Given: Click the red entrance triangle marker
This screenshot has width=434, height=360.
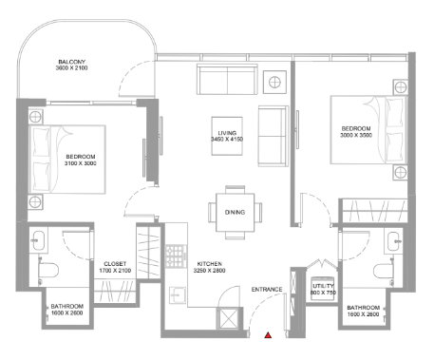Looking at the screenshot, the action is coord(268,335).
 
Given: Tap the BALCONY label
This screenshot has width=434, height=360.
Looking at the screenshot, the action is coord(72,62).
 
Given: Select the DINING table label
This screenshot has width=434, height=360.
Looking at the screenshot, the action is coord(235,212).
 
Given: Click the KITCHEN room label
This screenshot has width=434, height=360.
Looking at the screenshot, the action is coord(210,264).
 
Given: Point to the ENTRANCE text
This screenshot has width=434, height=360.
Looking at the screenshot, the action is coord(267,290).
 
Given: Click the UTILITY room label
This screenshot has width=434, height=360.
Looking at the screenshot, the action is coord(323,286).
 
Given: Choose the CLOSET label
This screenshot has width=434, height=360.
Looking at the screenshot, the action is coord(115,264).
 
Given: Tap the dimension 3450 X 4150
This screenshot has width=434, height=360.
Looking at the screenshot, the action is coord(227,140).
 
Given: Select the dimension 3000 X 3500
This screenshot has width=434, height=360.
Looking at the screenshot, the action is coord(356,135).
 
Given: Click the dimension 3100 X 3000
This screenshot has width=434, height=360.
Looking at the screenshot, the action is coord(81,163).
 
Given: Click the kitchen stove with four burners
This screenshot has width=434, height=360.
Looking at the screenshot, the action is coord(176,256).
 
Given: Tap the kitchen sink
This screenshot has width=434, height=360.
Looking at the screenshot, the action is coord(178,295).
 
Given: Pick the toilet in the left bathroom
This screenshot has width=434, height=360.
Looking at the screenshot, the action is coord(48,271).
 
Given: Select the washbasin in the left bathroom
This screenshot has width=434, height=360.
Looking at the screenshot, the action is coord(39,240).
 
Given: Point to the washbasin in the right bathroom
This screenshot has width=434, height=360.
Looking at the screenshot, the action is coord(394,241).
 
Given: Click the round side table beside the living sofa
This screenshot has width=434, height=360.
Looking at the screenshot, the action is coord(274,83).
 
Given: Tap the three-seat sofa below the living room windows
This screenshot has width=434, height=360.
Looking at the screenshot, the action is coord(227,79).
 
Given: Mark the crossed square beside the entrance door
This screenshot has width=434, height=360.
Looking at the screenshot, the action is coord(228,318).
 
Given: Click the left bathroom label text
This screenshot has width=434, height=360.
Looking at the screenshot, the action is coord(67,307).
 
